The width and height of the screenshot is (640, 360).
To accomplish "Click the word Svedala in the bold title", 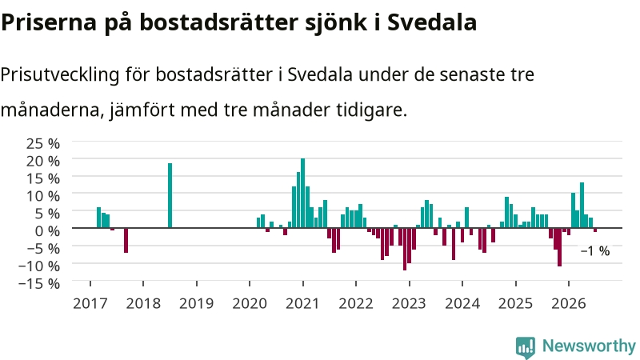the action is [432, 22].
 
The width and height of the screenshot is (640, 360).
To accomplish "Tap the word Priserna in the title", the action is [49, 22].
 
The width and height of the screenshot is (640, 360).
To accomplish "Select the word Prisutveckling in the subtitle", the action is [60, 75].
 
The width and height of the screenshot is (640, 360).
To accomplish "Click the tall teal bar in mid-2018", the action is [170, 195].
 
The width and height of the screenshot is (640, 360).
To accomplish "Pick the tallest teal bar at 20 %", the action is [303, 193].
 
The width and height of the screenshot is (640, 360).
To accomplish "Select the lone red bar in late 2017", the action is [126, 240].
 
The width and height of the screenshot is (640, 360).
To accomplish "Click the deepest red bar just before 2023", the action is [405, 249].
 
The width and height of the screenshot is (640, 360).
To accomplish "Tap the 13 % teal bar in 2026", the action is [582, 205].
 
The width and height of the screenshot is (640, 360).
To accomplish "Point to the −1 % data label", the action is [595, 251].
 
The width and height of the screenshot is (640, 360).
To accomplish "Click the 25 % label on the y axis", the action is [43, 144].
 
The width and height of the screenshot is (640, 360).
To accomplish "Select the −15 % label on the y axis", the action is [39, 283].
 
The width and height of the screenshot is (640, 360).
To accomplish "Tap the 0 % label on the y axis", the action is [47, 231].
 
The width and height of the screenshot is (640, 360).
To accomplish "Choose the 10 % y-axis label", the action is [43, 196].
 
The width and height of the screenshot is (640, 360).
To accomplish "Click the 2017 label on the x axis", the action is [90, 304].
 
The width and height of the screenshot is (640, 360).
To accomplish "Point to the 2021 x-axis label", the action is [303, 304].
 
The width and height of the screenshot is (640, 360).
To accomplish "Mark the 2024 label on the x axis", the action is [462, 304].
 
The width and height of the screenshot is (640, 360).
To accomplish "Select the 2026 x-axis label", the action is [569, 304].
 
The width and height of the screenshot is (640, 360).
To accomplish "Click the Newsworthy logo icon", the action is [526, 347].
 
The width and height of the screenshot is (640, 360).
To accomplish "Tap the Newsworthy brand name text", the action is [589, 346].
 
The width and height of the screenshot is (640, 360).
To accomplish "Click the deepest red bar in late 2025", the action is [559, 247].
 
